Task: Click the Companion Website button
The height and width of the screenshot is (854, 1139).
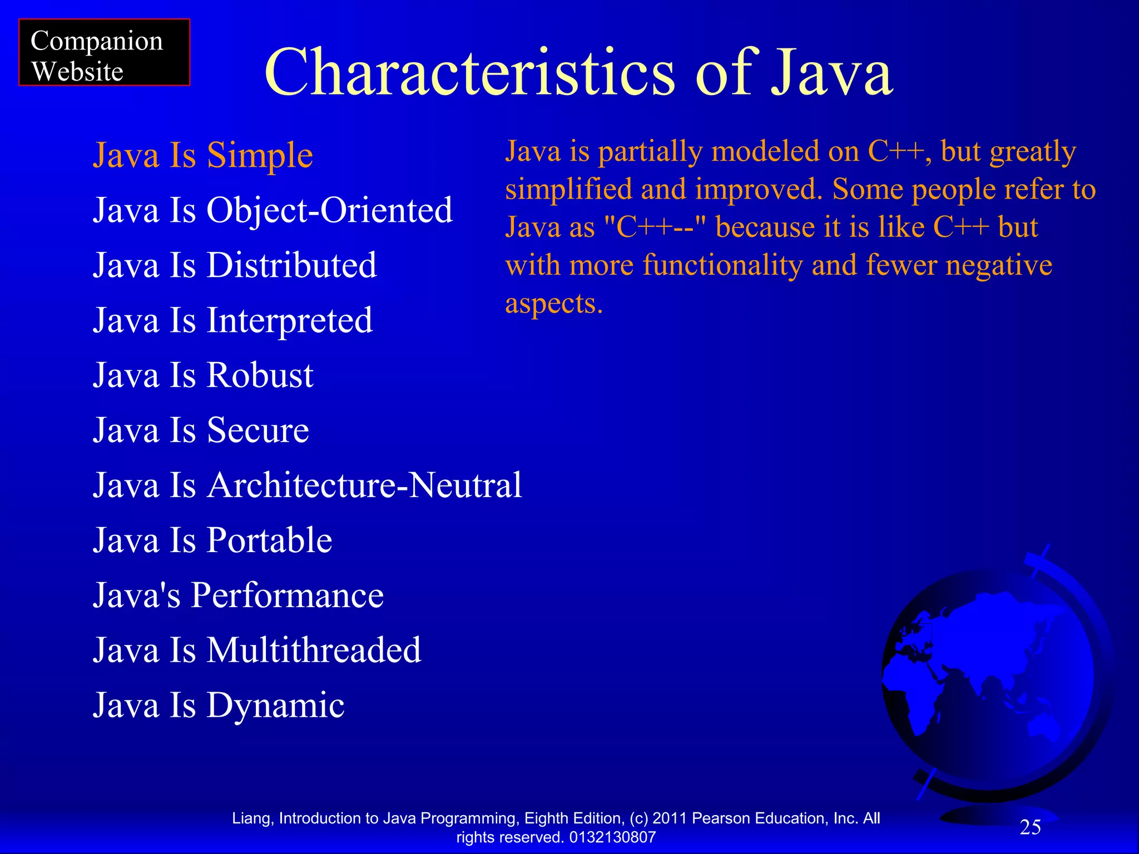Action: pos(104,53)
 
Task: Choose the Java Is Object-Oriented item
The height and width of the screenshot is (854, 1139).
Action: pos(273,210)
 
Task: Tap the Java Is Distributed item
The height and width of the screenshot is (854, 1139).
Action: pos(234,265)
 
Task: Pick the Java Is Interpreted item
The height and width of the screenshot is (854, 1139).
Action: pos(232,320)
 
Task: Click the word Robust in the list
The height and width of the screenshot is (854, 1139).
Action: pos(260,375)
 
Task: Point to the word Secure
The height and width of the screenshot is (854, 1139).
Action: pos(257,430)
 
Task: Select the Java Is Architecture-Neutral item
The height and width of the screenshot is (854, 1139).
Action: pos(307,485)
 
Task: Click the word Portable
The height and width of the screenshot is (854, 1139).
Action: pos(269,540)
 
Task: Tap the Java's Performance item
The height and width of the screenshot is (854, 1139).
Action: pos(238,595)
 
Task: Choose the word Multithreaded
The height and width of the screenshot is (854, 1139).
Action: pos(314,650)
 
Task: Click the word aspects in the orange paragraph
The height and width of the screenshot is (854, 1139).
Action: pos(553,304)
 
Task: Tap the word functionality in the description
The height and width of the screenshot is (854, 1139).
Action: pos(722,265)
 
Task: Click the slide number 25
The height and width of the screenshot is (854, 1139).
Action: pos(1030,827)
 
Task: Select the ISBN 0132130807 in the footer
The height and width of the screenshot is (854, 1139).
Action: pos(612,837)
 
